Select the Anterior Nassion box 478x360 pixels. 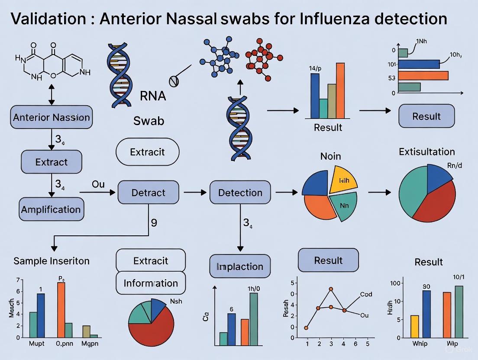(x=52, y=117)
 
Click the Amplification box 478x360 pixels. (x=51, y=209)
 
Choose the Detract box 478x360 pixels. (x=148, y=193)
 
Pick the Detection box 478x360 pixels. (x=240, y=193)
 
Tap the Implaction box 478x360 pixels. (x=240, y=266)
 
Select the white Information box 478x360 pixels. (x=151, y=283)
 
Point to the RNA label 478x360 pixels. (x=153, y=96)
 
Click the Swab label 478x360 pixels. (x=149, y=121)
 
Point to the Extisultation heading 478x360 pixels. (x=426, y=152)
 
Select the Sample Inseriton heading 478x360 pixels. (x=52, y=261)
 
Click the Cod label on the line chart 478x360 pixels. (x=366, y=295)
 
